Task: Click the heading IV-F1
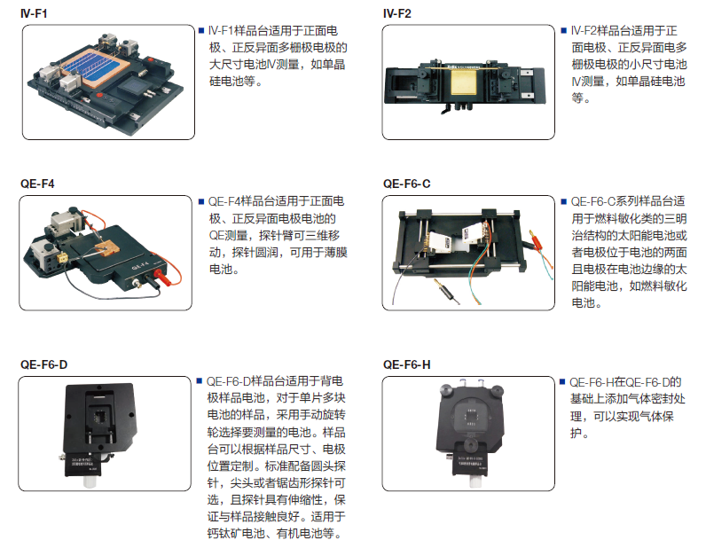click(x=34, y=13)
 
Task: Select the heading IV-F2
click(x=396, y=13)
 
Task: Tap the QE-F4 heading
click(x=37, y=184)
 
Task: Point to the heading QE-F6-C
click(x=406, y=184)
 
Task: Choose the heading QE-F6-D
click(x=43, y=364)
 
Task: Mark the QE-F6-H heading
click(x=406, y=364)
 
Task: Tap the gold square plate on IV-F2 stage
click(x=466, y=82)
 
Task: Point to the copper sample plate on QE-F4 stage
click(x=107, y=247)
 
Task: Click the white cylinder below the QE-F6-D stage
click(x=90, y=481)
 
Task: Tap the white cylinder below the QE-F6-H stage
click(x=476, y=481)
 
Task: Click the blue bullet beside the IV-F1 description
click(x=201, y=31)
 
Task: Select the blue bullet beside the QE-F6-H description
click(x=562, y=382)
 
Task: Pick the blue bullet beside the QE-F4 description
click(x=201, y=201)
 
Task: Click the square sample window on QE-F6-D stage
click(x=99, y=417)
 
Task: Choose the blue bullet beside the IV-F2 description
click(x=564, y=31)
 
